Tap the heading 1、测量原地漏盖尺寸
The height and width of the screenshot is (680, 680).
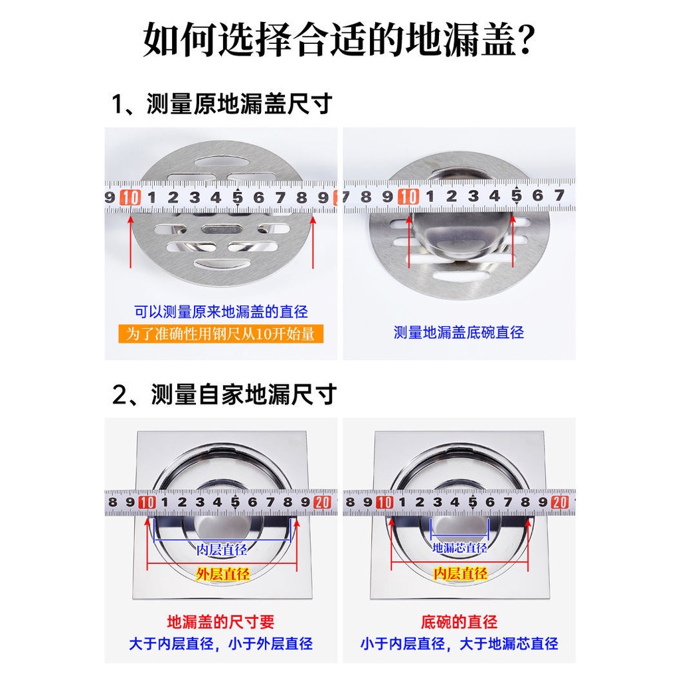(x=221, y=104)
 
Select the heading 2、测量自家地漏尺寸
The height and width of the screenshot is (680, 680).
(x=224, y=394)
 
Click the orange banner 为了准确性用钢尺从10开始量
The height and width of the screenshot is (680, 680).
(x=220, y=333)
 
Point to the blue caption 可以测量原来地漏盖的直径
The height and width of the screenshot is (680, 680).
(x=221, y=311)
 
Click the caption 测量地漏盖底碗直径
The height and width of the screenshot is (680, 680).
(x=459, y=332)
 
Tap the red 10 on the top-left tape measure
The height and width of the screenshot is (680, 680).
(x=131, y=197)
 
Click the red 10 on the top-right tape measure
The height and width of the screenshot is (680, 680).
(x=408, y=197)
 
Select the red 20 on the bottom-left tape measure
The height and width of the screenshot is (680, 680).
(x=322, y=503)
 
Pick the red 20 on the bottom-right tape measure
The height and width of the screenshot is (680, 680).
(x=559, y=503)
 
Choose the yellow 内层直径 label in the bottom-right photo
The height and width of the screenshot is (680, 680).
(x=460, y=574)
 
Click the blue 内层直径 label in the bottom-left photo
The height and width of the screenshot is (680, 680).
(x=222, y=549)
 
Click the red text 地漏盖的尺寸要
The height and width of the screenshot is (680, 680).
(x=220, y=622)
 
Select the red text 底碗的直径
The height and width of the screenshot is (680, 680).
(x=459, y=622)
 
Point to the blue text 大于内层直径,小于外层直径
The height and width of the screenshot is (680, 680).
(x=220, y=643)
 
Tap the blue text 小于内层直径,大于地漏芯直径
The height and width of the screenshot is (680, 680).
(x=459, y=643)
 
